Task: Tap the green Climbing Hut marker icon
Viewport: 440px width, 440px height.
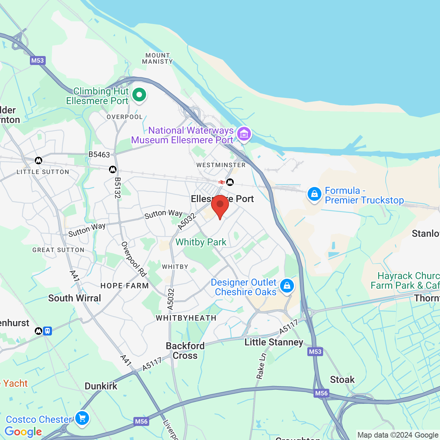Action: tap(139, 95)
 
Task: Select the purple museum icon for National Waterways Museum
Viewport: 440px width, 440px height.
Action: tap(244, 134)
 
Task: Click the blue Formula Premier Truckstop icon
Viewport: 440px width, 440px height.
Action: tap(314, 194)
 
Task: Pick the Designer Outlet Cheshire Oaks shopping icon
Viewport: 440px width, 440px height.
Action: tap(287, 286)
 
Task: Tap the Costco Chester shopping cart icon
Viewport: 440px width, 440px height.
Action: tap(82, 418)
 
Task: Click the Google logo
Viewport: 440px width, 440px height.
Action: tap(23, 432)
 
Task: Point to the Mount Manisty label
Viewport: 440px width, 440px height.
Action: tap(157, 58)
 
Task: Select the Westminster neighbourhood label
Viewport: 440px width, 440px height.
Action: tap(221, 165)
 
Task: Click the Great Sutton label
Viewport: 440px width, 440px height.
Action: tap(58, 250)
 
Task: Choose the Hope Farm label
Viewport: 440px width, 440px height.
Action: tap(124, 286)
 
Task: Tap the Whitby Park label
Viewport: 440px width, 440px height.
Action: tap(201, 242)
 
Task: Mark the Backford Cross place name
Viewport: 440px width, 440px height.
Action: tap(185, 351)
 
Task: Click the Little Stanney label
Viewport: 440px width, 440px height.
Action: tap(274, 342)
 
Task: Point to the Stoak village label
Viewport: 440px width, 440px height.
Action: tap(342, 379)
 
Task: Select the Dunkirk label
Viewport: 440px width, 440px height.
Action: tap(101, 386)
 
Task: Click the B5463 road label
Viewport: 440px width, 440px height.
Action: tap(99, 155)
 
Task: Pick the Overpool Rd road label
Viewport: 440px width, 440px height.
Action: tap(134, 259)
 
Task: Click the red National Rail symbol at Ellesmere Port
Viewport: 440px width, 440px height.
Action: tap(222, 182)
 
